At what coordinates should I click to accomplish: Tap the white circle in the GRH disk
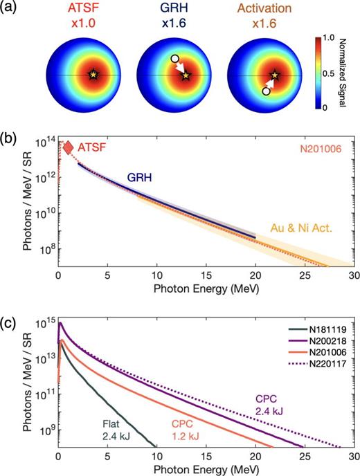[175, 60]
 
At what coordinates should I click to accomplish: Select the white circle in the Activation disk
[267, 91]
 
